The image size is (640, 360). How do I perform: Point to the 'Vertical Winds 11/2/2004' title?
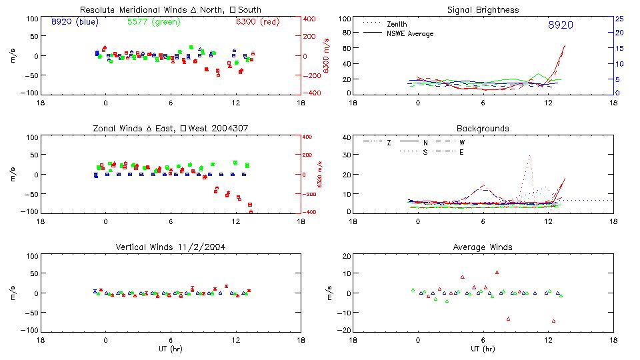170,247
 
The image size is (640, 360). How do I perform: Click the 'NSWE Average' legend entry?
410,33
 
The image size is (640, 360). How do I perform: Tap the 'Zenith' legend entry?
396,24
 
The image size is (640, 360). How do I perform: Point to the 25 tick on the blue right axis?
619,19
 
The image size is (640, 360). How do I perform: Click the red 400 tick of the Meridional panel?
311,19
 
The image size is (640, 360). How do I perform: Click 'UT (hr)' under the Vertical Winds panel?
170,349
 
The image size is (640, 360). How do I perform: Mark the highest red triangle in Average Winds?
497,272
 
